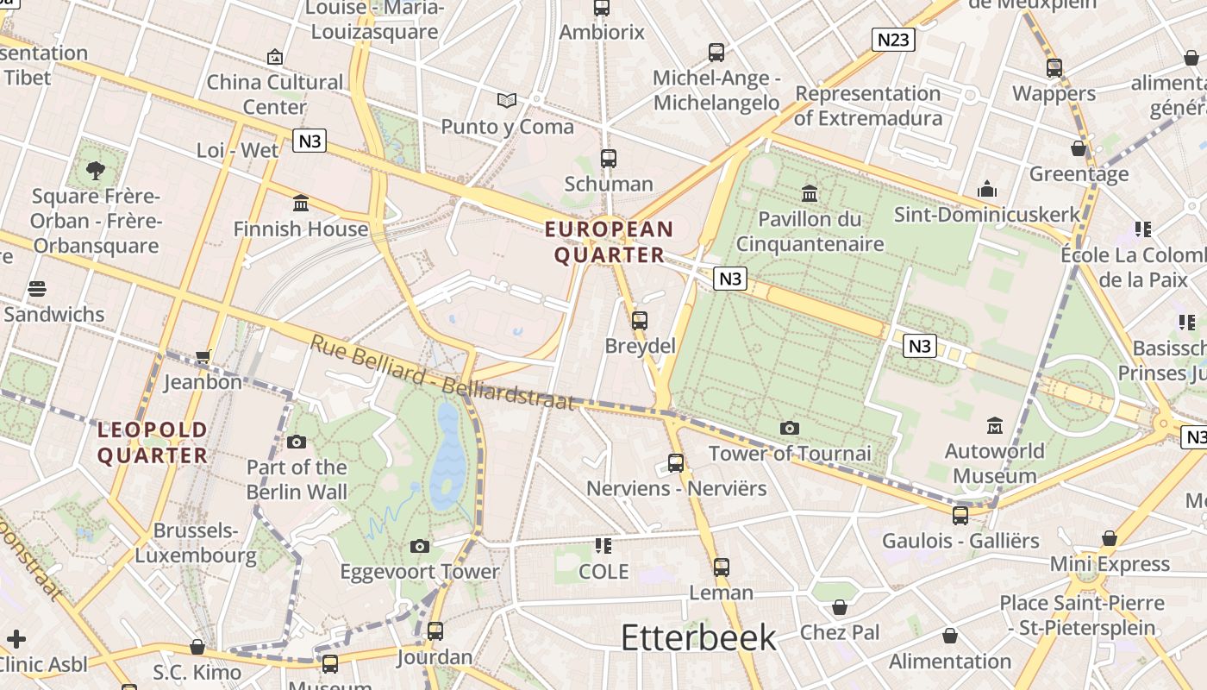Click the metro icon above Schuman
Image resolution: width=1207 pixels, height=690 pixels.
pos(609,159)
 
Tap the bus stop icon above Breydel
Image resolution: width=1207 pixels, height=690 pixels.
pos(639,321)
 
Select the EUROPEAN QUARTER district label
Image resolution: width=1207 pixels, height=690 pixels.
pos(609,242)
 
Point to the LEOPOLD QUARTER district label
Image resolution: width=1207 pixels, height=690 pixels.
pos(153,442)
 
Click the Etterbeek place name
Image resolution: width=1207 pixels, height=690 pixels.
pos(698,637)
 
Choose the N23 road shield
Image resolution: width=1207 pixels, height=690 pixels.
pos(892,40)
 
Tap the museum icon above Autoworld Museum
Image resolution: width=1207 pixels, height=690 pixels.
pos(995,425)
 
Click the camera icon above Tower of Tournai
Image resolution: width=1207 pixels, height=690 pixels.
pos(789,428)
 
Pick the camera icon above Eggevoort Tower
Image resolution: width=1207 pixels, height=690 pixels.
pos(420,546)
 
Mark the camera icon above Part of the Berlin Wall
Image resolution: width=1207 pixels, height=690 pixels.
pos(297,442)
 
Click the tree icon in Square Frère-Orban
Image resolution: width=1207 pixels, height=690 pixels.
pos(96,170)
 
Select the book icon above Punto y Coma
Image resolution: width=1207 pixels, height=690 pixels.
pos(507,101)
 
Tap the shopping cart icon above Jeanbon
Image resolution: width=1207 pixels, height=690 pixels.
pos(203,355)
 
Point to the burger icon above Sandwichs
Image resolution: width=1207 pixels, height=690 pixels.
pos(37,289)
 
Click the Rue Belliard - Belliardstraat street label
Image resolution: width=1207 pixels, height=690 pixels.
pos(441,373)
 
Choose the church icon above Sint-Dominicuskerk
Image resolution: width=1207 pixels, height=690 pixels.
pos(987,189)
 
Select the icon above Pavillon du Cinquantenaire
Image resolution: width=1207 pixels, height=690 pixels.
pos(810,193)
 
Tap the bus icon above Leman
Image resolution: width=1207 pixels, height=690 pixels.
pos(721,568)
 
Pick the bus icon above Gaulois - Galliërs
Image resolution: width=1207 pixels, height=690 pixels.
pos(960,516)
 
